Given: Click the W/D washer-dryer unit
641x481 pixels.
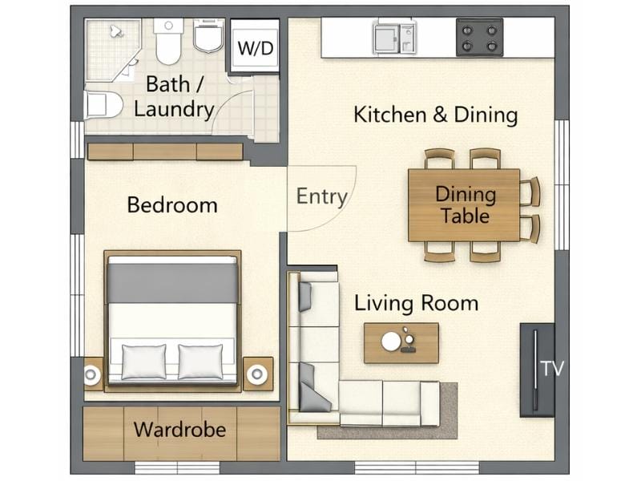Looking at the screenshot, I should click(255, 47).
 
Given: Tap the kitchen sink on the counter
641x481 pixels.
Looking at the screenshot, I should click(393, 37).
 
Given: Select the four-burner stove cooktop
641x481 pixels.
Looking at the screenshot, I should click(480, 37).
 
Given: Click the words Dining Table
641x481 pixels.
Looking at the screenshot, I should click(466, 204).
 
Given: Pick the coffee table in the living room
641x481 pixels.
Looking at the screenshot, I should click(401, 342).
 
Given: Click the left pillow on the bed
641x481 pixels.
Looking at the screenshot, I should click(143, 361).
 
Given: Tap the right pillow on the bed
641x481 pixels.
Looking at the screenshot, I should click(200, 361).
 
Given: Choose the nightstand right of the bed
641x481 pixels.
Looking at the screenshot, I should click(258, 374).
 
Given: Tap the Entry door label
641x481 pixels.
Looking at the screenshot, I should click(322, 196).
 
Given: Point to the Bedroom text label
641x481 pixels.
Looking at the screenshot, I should click(172, 205).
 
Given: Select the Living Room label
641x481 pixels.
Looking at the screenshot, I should click(416, 303).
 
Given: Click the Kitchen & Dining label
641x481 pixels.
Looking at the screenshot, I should click(435, 115).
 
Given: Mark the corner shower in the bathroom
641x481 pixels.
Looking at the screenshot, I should click(111, 48).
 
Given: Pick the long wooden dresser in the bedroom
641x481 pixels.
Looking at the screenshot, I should click(164, 152).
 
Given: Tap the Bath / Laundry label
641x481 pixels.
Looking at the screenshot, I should click(173, 96).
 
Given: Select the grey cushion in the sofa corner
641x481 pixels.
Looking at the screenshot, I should click(313, 390).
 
